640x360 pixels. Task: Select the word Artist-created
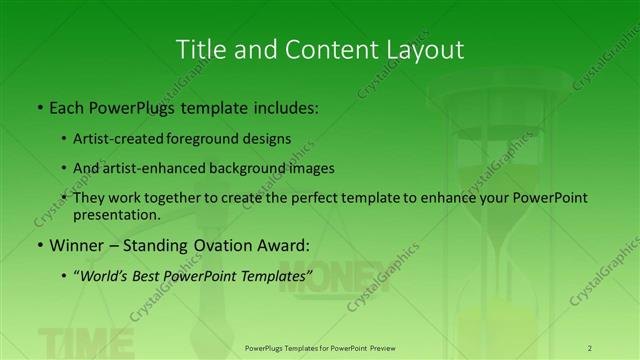tap(115, 138)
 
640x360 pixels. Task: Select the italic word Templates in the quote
tap(276, 274)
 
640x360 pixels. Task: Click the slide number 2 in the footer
tap(590, 347)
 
